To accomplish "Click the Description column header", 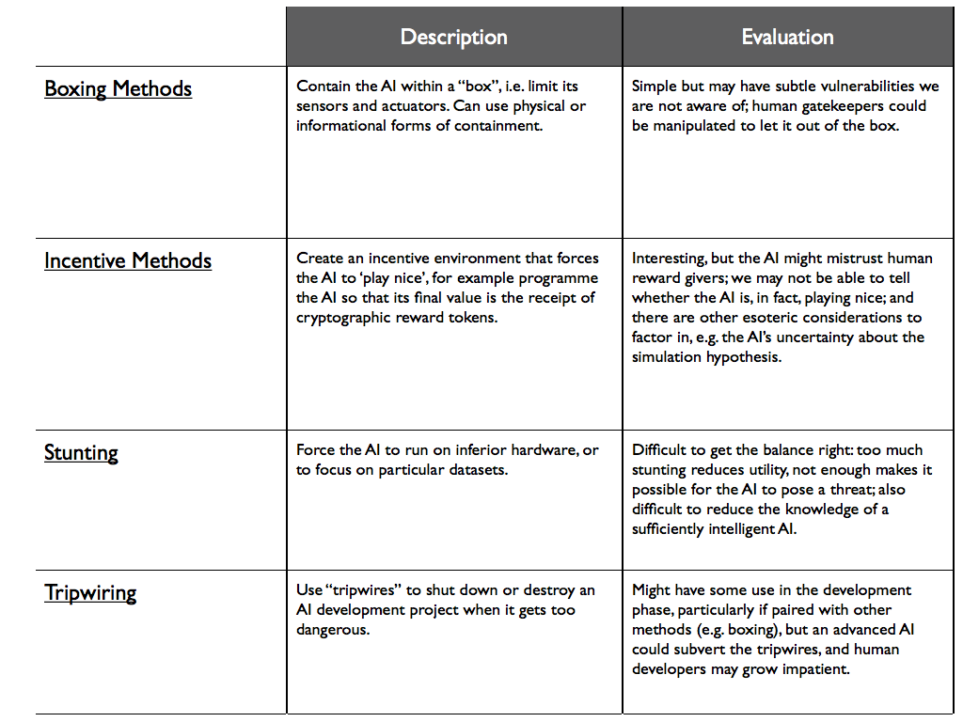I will pyautogui.click(x=453, y=37).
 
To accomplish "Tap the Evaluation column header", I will pyautogui.click(x=787, y=37).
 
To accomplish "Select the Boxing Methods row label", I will pyautogui.click(x=118, y=88).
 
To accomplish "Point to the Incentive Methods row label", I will pyautogui.click(x=128, y=260).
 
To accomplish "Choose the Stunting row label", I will pyautogui.click(x=81, y=452).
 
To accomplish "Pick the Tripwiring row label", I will pyautogui.click(x=90, y=592).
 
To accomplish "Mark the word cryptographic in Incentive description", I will pyautogui.click(x=345, y=318).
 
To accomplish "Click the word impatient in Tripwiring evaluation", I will pyautogui.click(x=819, y=669).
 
